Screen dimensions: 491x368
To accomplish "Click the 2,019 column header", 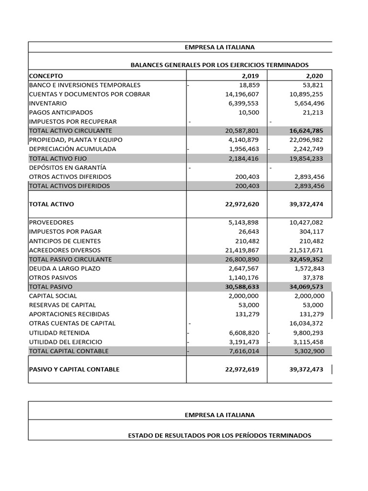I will point(249,76).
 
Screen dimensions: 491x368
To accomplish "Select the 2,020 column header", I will point(314,76).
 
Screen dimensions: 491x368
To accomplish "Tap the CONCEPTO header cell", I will point(46,76).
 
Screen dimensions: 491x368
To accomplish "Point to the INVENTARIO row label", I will point(48,103).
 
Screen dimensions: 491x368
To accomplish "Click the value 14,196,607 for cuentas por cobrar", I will point(242,94).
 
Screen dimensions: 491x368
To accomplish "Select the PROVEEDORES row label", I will point(51,222).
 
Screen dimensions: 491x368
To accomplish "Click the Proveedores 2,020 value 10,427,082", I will point(307,222).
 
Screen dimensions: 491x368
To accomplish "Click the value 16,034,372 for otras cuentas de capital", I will point(307,323).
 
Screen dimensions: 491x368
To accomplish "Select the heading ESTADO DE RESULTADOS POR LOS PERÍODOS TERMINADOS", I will point(220,435).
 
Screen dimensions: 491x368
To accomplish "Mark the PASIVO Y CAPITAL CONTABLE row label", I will point(74,370).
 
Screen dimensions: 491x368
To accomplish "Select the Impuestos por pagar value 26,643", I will point(249,232).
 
